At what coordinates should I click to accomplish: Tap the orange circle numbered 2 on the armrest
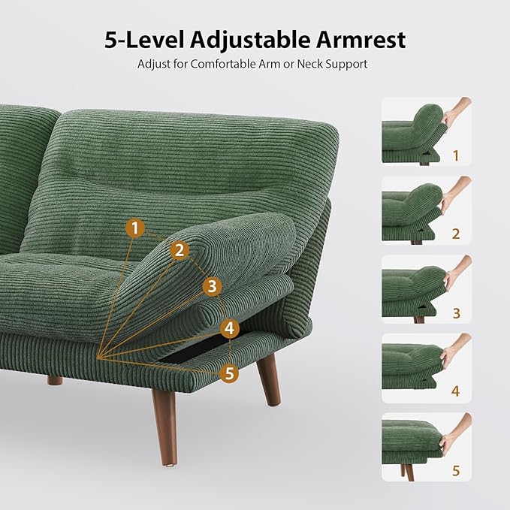(179, 251)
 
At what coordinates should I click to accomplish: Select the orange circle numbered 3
(212, 286)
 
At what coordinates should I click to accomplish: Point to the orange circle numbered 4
(230, 328)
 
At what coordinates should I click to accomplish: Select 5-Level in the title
(140, 40)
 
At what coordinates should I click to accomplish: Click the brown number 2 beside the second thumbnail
(455, 234)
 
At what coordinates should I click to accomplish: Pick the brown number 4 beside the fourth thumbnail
(455, 392)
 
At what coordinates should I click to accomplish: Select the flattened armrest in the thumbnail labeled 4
(413, 359)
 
